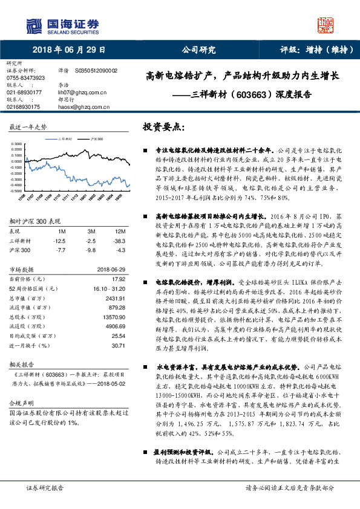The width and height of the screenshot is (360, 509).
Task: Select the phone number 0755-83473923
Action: coord(25,79)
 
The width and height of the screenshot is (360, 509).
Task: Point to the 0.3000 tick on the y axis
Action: coord(17,144)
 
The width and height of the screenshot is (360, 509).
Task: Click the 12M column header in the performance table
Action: coord(120,232)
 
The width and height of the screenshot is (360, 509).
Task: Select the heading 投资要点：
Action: coord(163,127)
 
